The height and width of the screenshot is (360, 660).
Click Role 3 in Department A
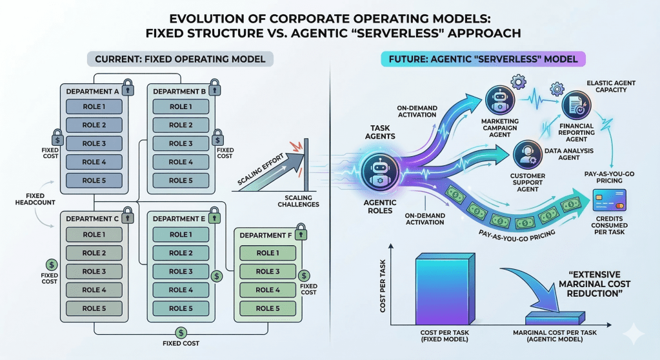coord(94,144)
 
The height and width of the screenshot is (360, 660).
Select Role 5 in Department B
coord(181,181)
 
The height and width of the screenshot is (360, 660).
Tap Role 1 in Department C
coord(94,235)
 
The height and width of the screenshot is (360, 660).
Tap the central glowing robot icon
coord(375,172)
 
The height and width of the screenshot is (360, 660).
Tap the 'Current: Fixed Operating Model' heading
coord(180,59)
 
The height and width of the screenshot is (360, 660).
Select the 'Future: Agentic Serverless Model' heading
coord(483,59)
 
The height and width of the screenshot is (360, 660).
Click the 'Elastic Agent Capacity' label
coord(614,88)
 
